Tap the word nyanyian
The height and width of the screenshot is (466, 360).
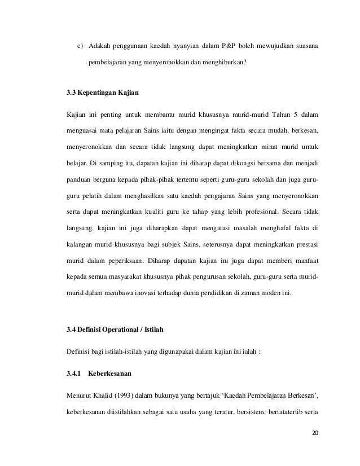point(174,45)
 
